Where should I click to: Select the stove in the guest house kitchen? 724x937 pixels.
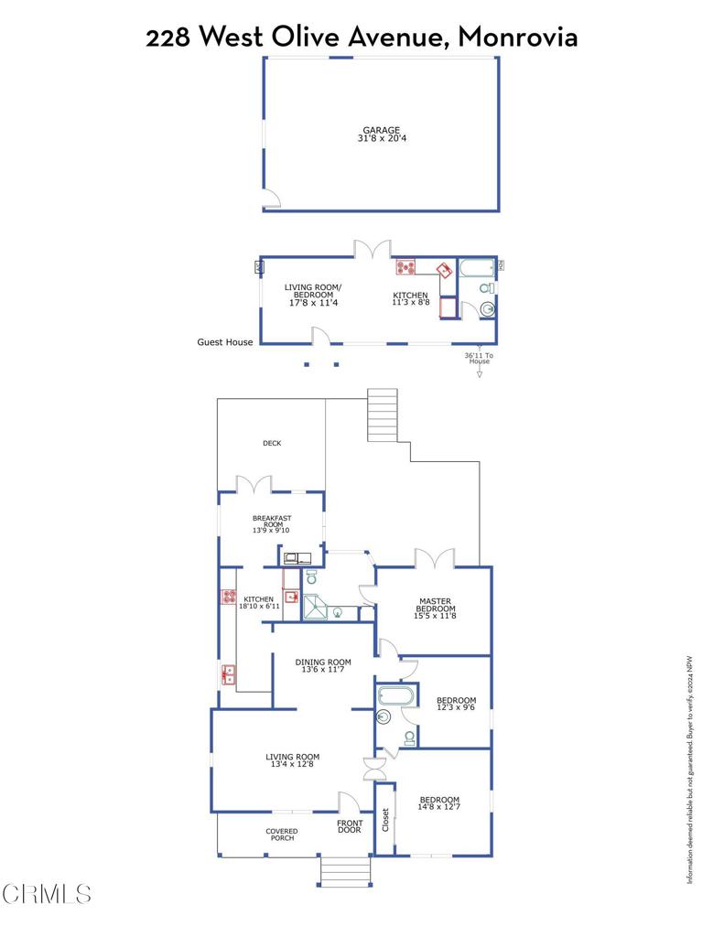pyautogui.click(x=405, y=267)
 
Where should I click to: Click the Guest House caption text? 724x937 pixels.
pyautogui.click(x=224, y=342)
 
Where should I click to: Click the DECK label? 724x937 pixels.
pyautogui.click(x=272, y=444)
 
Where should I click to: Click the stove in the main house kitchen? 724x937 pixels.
pyautogui.click(x=228, y=598)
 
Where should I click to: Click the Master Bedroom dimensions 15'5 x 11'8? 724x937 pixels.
pyautogui.click(x=436, y=617)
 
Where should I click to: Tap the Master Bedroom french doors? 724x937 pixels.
pyautogui.click(x=433, y=558)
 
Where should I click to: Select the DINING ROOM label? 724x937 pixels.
pyautogui.click(x=323, y=662)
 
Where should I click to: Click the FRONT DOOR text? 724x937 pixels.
pyautogui.click(x=350, y=826)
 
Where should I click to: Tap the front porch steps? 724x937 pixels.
pyautogui.click(x=345, y=871)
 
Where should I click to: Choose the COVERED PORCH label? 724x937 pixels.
pyautogui.click(x=282, y=835)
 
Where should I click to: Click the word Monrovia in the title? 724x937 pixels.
pyautogui.click(x=518, y=37)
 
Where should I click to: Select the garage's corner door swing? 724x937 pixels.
pyautogui.click(x=271, y=199)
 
